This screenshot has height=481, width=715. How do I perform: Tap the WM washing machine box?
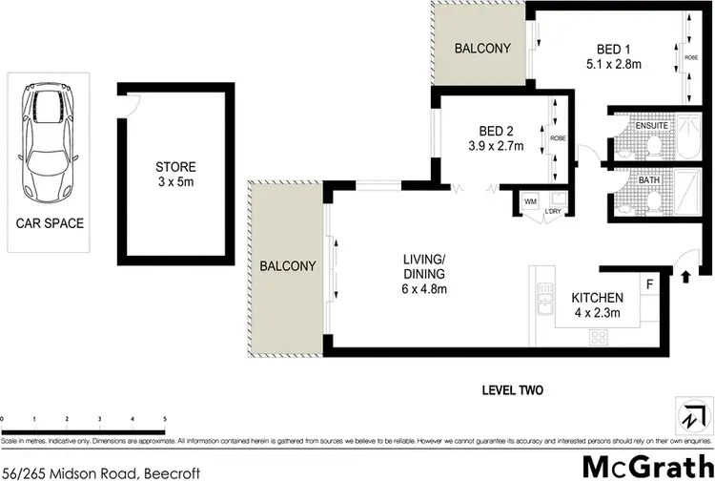(x=528, y=201)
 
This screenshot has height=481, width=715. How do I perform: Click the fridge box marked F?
(x=649, y=285)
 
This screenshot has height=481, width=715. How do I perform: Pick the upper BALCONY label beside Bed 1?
(x=481, y=49)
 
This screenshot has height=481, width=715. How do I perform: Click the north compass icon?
(x=689, y=417)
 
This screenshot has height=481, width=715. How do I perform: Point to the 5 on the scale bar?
(x=165, y=419)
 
